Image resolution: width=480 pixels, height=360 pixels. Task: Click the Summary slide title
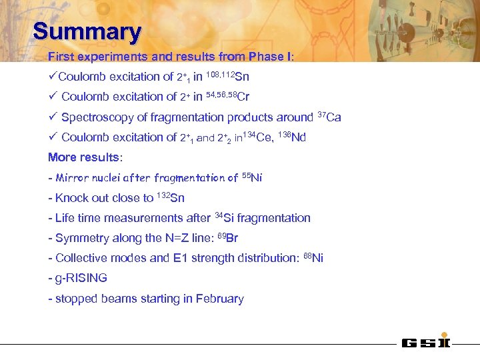click(87, 31)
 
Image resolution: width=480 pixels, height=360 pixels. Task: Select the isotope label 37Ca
click(330, 117)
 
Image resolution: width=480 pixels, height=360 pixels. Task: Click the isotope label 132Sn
click(171, 197)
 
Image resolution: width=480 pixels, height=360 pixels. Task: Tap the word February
click(220, 299)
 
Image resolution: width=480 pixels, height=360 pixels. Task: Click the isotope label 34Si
click(227, 217)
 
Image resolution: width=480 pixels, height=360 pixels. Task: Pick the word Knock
click(71, 197)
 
